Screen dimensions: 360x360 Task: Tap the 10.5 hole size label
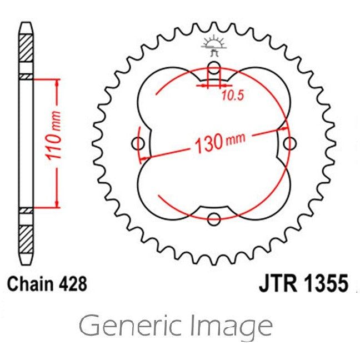pos(233,96)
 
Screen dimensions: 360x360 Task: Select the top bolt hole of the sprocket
pos(213,69)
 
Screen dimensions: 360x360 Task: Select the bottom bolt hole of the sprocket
pos(213,219)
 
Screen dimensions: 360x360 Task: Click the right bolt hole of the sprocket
pos(288,144)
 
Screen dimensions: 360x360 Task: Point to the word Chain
pos(30,284)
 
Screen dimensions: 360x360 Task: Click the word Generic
pos(128,327)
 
